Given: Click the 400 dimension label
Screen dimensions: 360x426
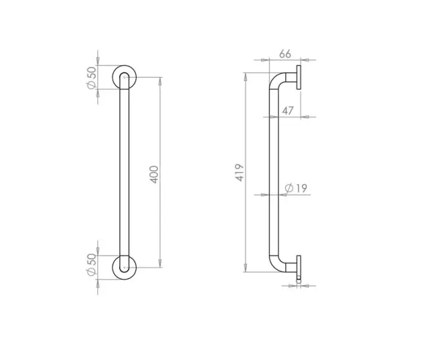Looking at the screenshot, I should coord(155,175).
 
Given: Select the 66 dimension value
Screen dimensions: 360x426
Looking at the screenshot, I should coord(285,54).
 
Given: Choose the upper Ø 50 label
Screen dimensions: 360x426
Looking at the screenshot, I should coord(91,77).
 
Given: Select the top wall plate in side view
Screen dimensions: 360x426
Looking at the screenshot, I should coord(299,78).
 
